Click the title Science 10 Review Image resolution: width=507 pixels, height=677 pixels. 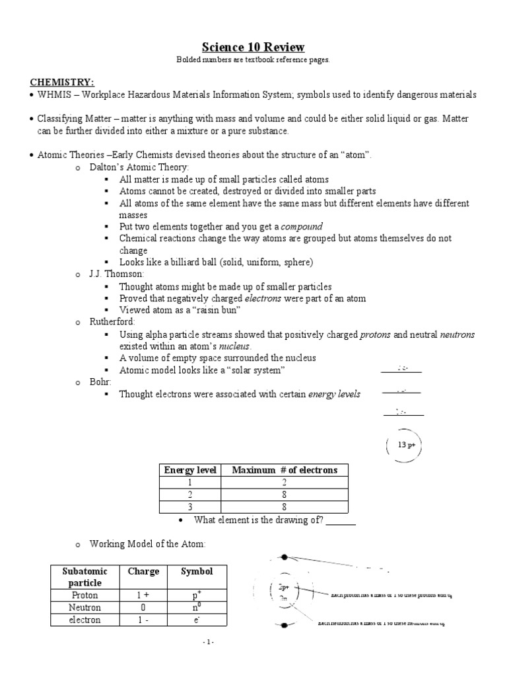253,47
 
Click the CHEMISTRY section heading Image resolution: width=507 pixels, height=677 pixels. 62,83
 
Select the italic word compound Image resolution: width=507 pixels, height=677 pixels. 302,226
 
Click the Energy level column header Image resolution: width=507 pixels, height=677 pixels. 189,470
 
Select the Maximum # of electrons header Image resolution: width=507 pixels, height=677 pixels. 285,470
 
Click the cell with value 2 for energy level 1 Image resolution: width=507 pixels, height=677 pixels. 285,483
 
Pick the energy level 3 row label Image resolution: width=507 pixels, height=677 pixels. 189,507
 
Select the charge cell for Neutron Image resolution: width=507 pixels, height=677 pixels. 143,608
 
